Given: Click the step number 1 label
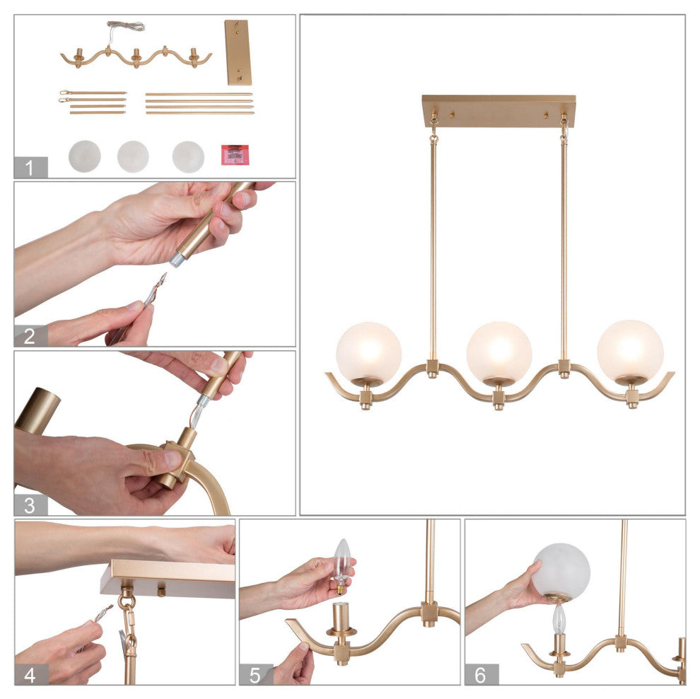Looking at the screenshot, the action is (x=30, y=168).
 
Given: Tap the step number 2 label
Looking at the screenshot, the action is (x=30, y=336).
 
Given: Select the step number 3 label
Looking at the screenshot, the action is (x=30, y=505).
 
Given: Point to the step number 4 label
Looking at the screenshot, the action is (x=30, y=674).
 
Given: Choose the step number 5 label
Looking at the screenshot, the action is (x=255, y=674).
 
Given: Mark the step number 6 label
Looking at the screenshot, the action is (x=481, y=674).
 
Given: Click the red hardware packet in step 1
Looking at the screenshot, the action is (x=235, y=154).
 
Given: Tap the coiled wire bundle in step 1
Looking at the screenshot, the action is (x=125, y=26).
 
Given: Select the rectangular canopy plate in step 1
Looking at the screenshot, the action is (x=238, y=52).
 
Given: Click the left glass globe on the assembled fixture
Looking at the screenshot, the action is (x=369, y=353).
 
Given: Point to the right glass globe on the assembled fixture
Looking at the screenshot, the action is (x=630, y=351).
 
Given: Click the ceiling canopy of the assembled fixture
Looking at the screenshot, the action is (x=498, y=111).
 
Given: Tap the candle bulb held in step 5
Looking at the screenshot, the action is (x=342, y=565).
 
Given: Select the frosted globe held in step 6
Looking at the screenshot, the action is (x=561, y=572).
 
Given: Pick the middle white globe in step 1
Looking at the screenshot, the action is (x=133, y=156).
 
